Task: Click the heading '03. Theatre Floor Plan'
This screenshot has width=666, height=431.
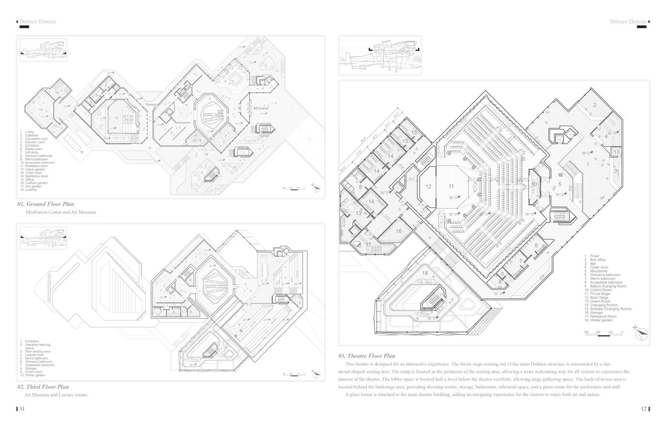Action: pyautogui.click(x=366, y=355)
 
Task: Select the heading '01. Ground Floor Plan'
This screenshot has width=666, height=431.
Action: pyautogui.click(x=46, y=204)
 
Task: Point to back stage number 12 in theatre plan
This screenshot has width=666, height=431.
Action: pyautogui.click(x=428, y=187)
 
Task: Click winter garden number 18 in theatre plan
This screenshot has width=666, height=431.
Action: pyautogui.click(x=425, y=273)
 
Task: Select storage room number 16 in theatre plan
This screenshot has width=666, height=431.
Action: pyautogui.click(x=398, y=230)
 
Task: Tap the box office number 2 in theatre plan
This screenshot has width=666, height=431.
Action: pyautogui.click(x=594, y=105)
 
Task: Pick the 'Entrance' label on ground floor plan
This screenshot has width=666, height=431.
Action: pyautogui.click(x=262, y=108)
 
